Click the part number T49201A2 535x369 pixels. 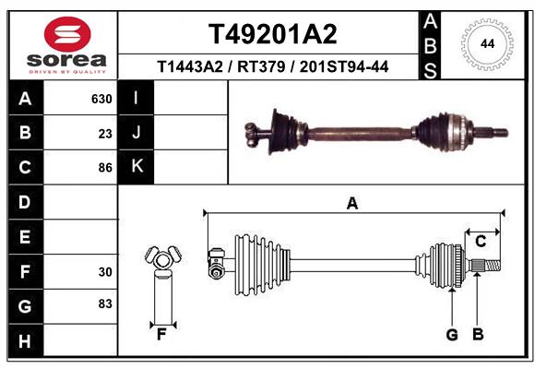[272, 34]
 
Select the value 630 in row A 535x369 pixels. [101, 99]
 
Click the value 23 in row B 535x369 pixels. [104, 133]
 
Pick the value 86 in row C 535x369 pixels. [104, 168]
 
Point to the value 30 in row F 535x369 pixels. [104, 272]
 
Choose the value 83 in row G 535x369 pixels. [104, 304]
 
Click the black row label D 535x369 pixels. [25, 202]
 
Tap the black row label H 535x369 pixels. [25, 341]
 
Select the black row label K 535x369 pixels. [137, 167]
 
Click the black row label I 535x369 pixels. [137, 98]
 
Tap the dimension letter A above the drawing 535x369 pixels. [351, 204]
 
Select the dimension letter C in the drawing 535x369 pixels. [481, 242]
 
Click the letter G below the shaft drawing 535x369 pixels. [452, 334]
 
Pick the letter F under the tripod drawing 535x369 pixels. [161, 334]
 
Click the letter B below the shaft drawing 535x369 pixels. [478, 334]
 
